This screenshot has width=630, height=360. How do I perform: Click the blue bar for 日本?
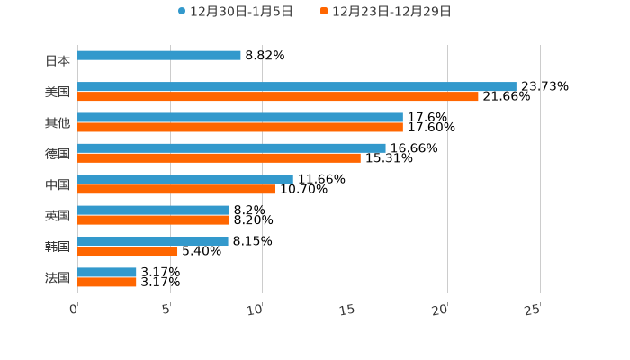[x=159, y=56]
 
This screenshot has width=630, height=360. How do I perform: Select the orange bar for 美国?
[x=278, y=96]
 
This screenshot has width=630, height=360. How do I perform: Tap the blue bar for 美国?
[x=297, y=86]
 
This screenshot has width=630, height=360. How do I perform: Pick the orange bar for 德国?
[x=219, y=158]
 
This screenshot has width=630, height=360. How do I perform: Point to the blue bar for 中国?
[x=185, y=179]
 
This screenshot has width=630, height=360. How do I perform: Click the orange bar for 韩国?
[x=128, y=251]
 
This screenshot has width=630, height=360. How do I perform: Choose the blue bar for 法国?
[x=107, y=272]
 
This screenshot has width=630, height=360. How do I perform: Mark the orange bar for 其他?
[x=240, y=128]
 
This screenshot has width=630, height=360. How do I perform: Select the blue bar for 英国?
[x=153, y=211]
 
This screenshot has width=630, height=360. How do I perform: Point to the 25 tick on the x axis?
[x=533, y=310]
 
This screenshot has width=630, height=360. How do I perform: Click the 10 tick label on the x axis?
[x=255, y=310]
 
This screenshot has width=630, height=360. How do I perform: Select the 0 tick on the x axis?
[x=74, y=310]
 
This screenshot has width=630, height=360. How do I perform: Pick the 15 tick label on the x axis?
[x=347, y=310]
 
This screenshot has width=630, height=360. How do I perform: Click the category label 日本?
[x=58, y=61]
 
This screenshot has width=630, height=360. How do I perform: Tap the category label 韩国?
[x=58, y=247]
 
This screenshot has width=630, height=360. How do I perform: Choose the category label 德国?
[x=58, y=154]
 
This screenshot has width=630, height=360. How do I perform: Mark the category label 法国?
[x=58, y=277]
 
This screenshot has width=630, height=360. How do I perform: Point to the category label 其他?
[x=58, y=122]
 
